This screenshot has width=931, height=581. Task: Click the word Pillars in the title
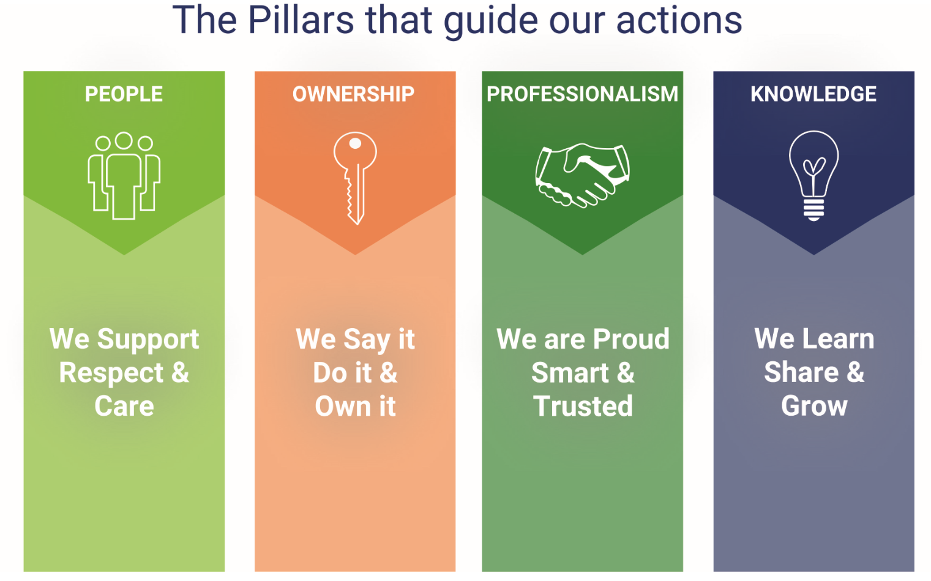pos(301,20)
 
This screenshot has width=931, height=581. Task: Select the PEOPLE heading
pos(124,94)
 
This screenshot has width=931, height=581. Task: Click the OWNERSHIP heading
pos(353,94)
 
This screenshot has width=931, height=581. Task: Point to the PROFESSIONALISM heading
pos(582,94)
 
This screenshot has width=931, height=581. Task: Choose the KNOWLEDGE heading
pos(813,94)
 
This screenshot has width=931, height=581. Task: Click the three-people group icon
pos(124,176)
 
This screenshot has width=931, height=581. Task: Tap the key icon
pos(355,178)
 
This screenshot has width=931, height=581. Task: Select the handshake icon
pos(582,175)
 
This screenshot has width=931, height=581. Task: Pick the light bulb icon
pos(814,176)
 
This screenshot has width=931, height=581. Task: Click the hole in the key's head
pos(355,143)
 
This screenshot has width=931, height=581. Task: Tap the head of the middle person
pos(124,140)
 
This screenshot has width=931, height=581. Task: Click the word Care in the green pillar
pos(124,406)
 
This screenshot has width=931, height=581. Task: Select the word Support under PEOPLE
pos(148,340)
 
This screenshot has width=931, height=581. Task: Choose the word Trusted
pos(583,406)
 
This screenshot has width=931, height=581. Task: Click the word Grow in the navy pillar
pos(814,406)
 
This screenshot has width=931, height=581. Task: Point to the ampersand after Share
pos(855,372)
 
